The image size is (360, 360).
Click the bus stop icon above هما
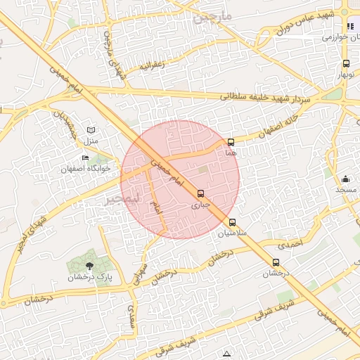click(231, 142)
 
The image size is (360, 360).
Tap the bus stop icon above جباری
click(201, 194)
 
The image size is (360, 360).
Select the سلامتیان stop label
click(232, 232)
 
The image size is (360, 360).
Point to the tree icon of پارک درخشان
click(89, 265)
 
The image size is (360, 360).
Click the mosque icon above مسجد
click(345, 179)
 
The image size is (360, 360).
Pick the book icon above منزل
click(91, 130)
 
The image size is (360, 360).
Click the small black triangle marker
click(226, 353)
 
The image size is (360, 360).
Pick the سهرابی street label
click(141, 271)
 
